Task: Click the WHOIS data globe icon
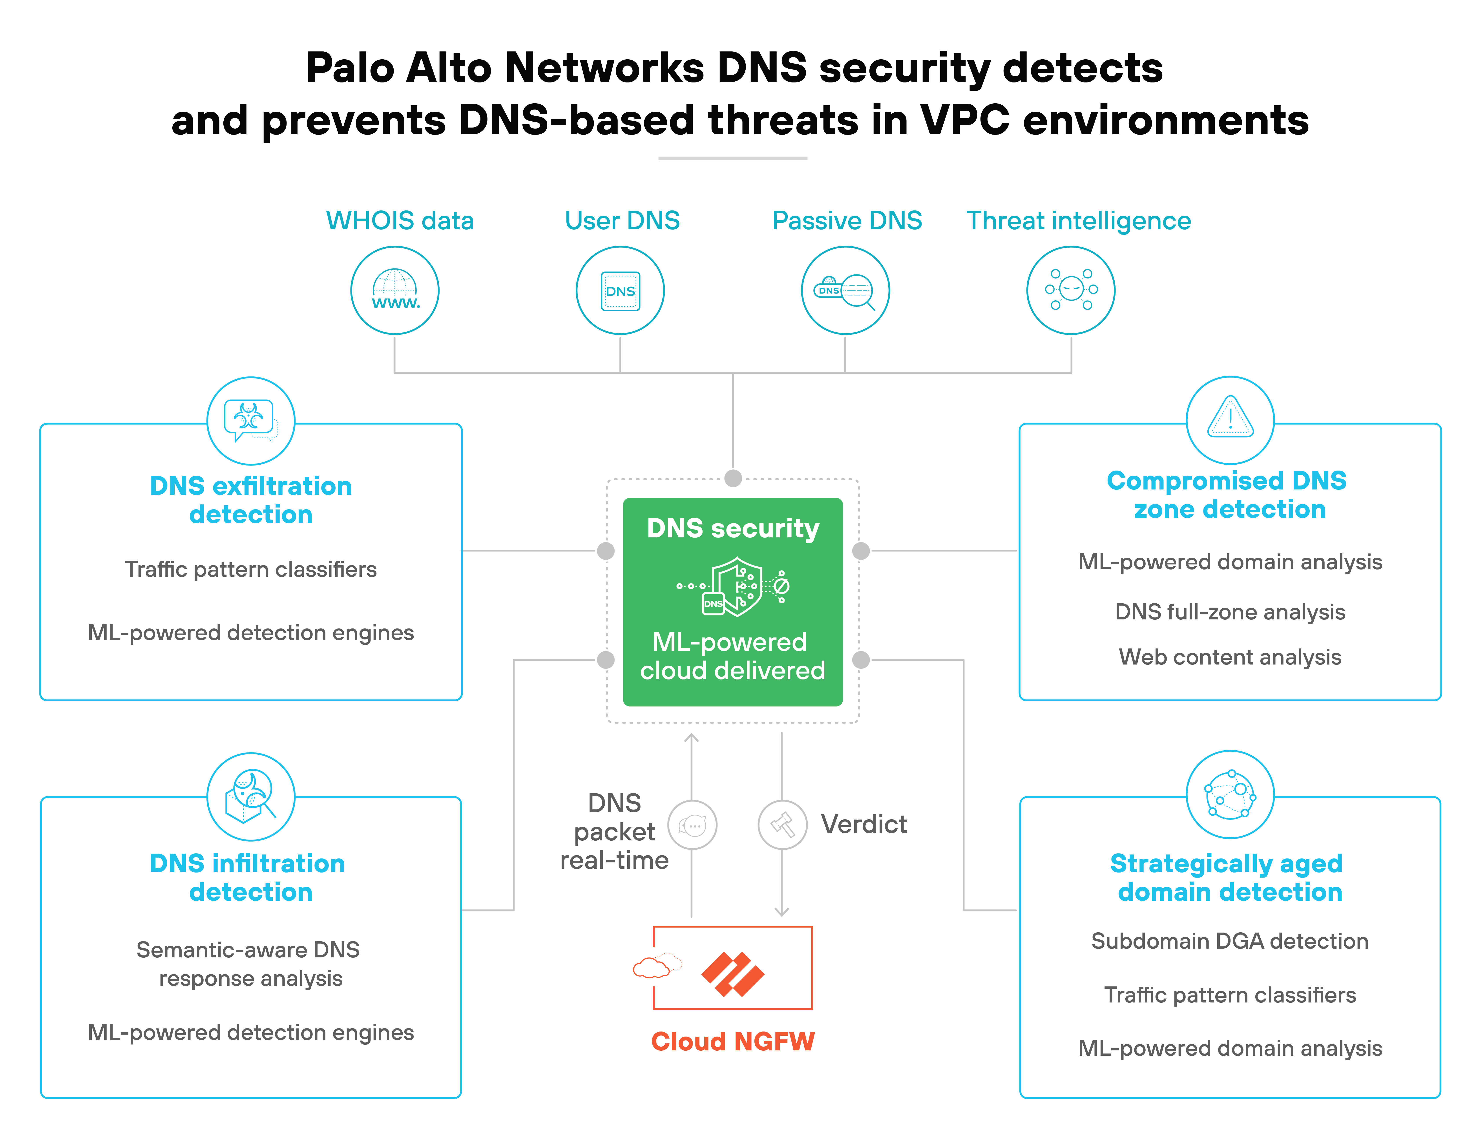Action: pos(395,290)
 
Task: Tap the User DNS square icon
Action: pos(620,290)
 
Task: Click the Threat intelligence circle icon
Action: pos(1071,290)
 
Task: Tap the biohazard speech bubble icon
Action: pos(250,421)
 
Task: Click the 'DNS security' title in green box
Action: pos(733,528)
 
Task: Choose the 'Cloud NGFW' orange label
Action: pos(733,1041)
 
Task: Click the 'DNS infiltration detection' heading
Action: pos(248,878)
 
